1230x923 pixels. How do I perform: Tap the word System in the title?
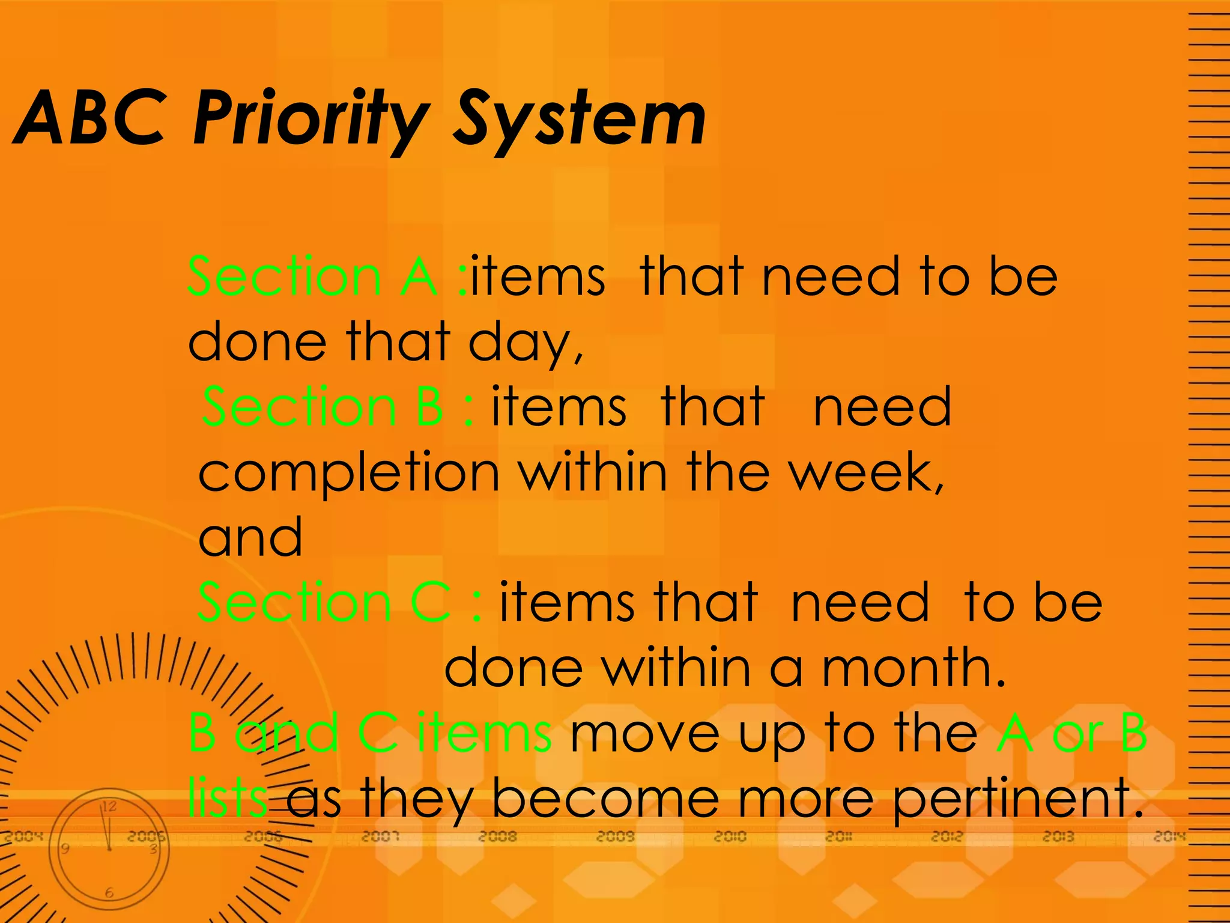(x=580, y=118)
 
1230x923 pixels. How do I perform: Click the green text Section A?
(x=312, y=276)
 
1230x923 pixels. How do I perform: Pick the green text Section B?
(x=323, y=407)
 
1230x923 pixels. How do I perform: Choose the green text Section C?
(x=324, y=602)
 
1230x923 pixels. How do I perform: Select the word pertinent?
(x=1015, y=799)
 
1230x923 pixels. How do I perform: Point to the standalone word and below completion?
(x=250, y=537)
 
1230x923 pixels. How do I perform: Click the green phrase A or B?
(x=1071, y=733)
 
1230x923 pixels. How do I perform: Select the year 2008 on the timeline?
(x=497, y=836)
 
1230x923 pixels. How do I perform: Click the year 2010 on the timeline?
(x=730, y=836)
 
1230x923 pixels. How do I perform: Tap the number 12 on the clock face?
(x=109, y=806)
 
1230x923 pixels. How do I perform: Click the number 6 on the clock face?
(x=109, y=893)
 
